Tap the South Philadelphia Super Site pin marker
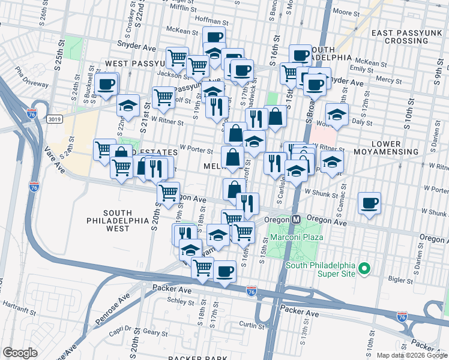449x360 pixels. [x=364, y=270]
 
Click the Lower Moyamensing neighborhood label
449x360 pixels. [x=394, y=148]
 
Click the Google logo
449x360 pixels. [x=20, y=353]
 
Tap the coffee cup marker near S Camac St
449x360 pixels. [x=370, y=203]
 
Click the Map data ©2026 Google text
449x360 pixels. [x=411, y=355]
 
